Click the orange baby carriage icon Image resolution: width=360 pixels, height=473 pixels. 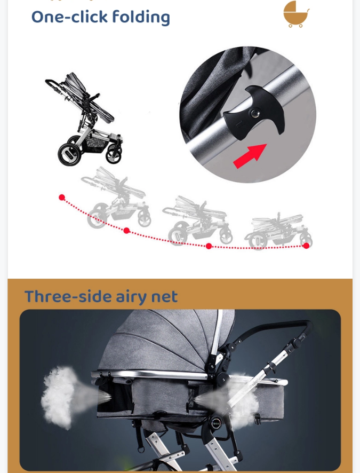click(x=295, y=14)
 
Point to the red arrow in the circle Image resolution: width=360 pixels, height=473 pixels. click(x=250, y=155)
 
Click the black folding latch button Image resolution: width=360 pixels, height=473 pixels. click(x=253, y=114)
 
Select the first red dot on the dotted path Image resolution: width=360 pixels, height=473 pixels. click(x=62, y=198)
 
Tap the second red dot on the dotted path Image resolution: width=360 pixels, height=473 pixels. click(x=126, y=231)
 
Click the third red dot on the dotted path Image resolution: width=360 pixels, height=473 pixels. click(x=209, y=246)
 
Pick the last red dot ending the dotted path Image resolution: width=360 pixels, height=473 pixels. click(x=306, y=246)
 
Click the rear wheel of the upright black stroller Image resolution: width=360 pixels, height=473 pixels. click(x=70, y=154)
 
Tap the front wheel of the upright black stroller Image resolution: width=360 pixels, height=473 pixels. click(x=114, y=154)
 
